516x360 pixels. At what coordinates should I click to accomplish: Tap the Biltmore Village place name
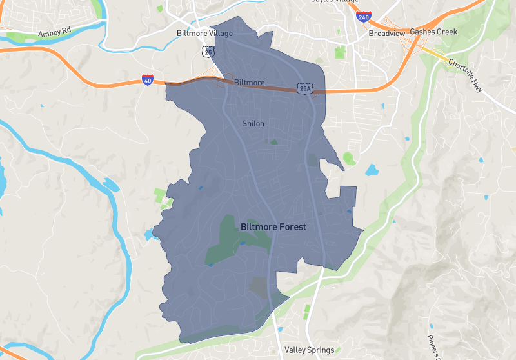[x=204, y=33]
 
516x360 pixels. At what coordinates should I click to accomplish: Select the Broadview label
[x=386, y=32]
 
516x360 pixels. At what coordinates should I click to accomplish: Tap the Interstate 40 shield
[x=148, y=81]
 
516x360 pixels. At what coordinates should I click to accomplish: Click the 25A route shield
[x=305, y=88]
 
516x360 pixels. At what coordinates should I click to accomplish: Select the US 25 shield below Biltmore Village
[x=206, y=50]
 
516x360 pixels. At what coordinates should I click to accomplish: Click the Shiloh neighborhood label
[x=253, y=123]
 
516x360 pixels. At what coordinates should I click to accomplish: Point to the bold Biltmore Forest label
[x=273, y=227]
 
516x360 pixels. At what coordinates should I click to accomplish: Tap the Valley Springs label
[x=310, y=350]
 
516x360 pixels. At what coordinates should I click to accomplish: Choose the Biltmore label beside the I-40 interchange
[x=249, y=83]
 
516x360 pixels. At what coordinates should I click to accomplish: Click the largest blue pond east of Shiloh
[x=372, y=170]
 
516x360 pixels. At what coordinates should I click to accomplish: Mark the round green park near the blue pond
[x=349, y=157]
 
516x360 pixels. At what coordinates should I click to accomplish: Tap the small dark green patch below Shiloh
[x=274, y=141]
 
